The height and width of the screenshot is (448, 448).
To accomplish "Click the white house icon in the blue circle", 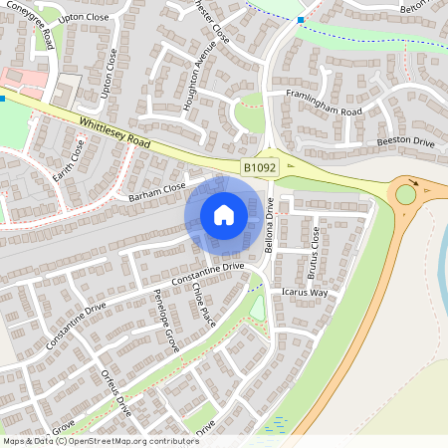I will point(224,215).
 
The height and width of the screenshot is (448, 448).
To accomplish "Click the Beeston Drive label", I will point(405,142).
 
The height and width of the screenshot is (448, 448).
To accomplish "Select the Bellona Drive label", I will point(269,226).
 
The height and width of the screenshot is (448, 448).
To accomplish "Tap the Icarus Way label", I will point(304,293).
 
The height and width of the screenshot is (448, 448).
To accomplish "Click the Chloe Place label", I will point(205,302).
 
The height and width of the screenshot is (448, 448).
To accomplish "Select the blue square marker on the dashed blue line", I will point(302,19).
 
